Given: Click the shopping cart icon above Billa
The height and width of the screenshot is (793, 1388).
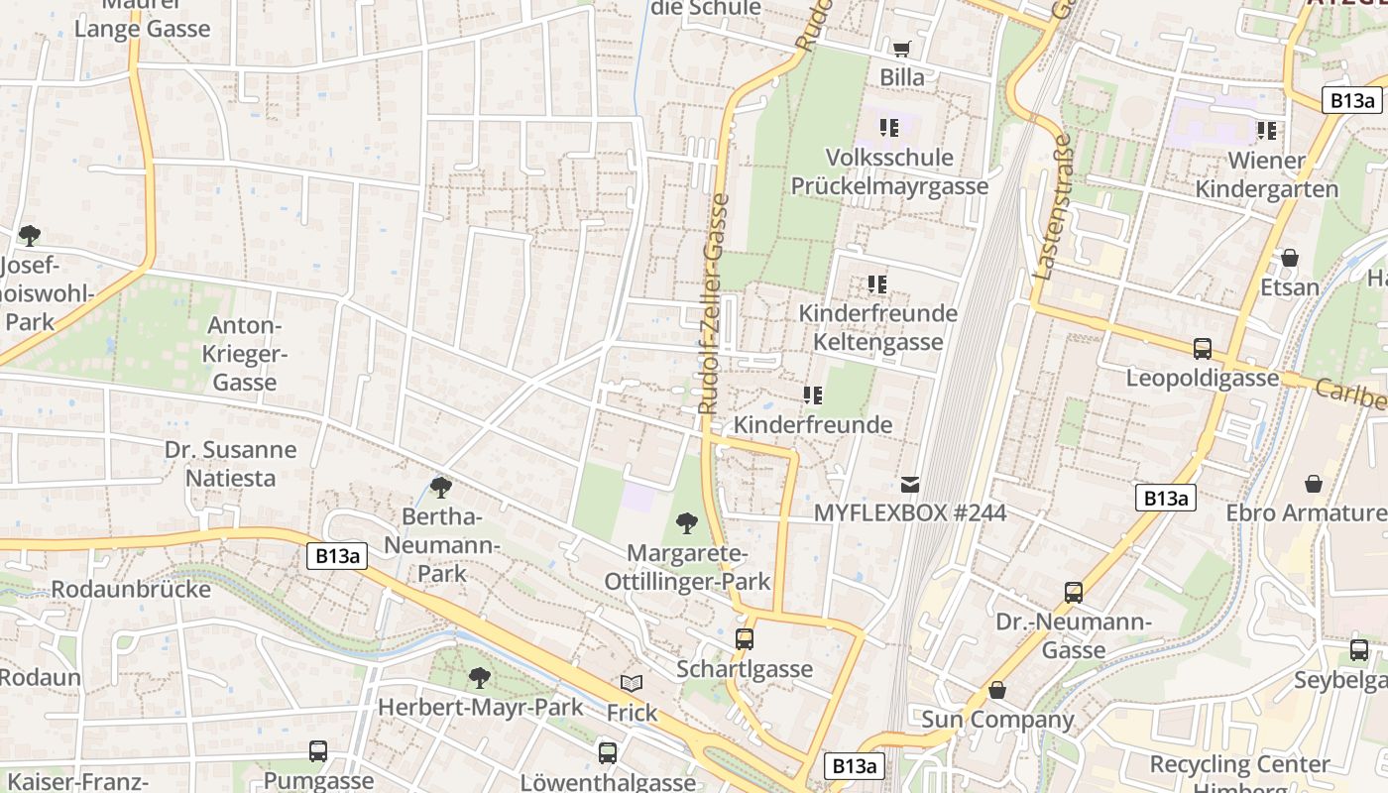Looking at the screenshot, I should click(901, 49).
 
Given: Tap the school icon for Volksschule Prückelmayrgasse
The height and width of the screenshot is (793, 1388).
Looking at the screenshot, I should click(889, 128).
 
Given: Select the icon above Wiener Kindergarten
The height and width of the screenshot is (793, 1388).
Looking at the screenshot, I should click(1266, 131).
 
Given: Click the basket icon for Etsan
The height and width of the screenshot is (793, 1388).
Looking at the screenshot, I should click(1289, 258).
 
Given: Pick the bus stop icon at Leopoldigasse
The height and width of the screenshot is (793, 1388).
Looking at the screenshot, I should click(1203, 349).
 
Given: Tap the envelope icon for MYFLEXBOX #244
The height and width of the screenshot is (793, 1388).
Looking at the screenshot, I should click(910, 485).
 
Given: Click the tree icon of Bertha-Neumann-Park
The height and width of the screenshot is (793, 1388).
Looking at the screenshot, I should click(441, 487).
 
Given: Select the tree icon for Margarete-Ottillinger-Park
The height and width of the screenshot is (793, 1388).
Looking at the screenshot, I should click(686, 522).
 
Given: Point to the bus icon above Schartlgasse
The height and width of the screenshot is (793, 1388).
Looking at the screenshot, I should click(745, 639).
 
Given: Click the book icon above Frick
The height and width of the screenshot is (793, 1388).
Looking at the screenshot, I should click(632, 683).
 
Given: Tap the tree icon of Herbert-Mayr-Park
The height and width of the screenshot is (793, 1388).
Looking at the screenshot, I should click(480, 678).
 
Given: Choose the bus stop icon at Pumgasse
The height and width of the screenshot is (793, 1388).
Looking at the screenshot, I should click(318, 751).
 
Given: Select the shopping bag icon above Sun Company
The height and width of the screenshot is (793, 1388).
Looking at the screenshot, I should click(997, 690).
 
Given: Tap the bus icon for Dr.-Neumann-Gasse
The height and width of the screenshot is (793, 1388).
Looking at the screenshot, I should click(1074, 593).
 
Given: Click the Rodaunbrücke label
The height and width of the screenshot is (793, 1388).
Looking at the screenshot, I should click(131, 589).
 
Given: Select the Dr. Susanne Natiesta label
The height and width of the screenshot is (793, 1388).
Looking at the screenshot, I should click(230, 463).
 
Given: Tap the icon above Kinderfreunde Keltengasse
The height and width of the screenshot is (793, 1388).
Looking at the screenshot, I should click(877, 284).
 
